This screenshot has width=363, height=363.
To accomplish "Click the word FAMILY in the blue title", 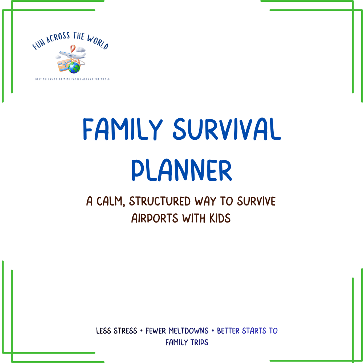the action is click(123, 129).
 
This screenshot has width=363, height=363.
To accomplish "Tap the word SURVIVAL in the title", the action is click(227, 129).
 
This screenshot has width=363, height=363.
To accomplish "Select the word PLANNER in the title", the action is click(182, 170).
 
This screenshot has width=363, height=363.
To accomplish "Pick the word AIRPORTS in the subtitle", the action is click(155, 218).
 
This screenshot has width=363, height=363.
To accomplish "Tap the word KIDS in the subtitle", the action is click(220, 218).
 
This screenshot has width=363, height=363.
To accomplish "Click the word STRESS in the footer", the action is click(125, 331).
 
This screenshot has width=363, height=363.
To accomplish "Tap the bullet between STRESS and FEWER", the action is click(142, 331).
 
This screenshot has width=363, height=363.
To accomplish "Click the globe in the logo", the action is click(74, 68).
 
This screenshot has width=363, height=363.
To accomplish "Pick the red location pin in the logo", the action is click(73, 48).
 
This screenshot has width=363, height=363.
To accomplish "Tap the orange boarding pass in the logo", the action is click(65, 65).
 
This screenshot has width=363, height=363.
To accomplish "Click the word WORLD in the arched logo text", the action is click(98, 42).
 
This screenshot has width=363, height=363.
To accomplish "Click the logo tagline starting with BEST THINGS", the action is click(73, 79).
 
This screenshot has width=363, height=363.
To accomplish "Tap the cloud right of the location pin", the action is click(81, 49).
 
